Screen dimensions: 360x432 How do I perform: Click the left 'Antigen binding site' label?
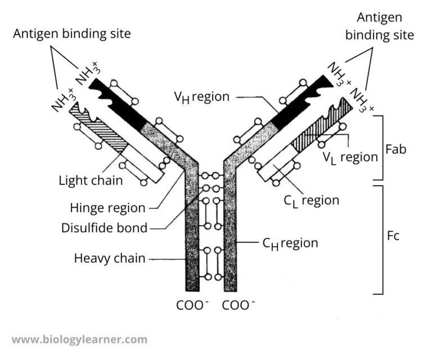click(x=71, y=34)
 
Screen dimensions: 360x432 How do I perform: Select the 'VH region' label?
click(x=201, y=97)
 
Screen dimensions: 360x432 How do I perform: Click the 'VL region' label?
click(x=350, y=157)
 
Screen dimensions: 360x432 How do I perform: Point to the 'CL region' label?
click(x=310, y=200)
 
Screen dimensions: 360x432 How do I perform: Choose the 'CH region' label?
click(x=290, y=244)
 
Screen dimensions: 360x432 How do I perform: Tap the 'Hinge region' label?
click(x=107, y=208)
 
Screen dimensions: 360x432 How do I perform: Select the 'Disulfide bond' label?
click(x=104, y=228)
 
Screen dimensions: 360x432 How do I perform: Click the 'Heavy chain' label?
click(x=109, y=259)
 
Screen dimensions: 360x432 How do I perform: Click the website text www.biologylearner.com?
click(x=79, y=339)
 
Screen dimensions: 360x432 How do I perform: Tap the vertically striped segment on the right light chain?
click(x=318, y=128)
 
